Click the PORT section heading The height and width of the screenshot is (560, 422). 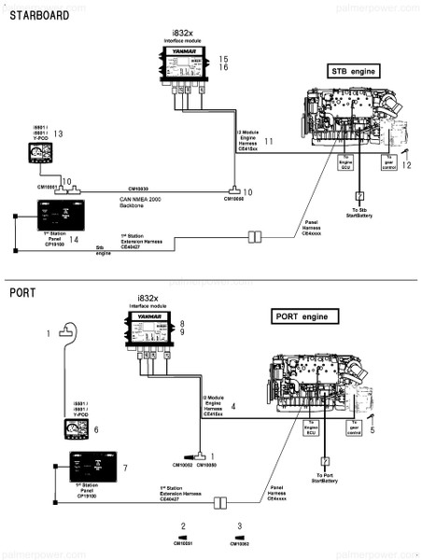coord(24,292)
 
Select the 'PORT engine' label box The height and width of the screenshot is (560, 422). coord(302,317)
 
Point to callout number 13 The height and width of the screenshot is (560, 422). coord(58,134)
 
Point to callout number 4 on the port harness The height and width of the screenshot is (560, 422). coord(232,406)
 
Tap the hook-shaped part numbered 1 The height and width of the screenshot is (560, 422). coord(65,329)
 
